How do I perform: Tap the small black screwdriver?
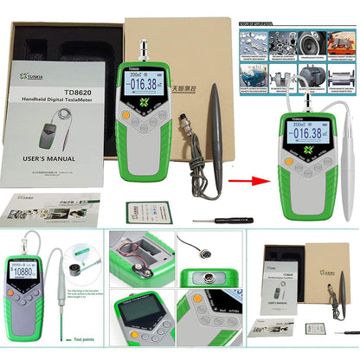[216, 220]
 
